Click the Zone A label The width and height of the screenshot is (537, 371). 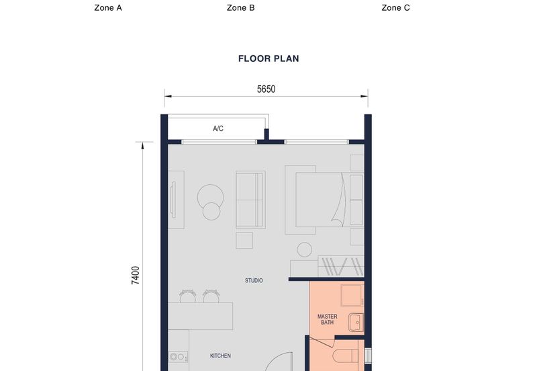(107, 8)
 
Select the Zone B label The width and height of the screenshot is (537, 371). (240, 8)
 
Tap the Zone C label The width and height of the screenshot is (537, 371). (395, 8)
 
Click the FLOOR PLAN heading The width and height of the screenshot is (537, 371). (268, 58)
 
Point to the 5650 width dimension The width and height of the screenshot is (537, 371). (266, 89)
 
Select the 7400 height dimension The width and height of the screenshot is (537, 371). (136, 275)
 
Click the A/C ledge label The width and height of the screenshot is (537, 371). (218, 128)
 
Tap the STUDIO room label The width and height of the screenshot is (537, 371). (254, 280)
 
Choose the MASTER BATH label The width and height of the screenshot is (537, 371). (328, 319)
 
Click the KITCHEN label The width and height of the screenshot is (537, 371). (221, 356)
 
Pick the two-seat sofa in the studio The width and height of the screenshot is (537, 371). (250, 200)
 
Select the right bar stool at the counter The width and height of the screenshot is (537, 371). (211, 296)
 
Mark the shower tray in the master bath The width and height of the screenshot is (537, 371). (351, 294)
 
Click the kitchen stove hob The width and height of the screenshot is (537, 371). (177, 357)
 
